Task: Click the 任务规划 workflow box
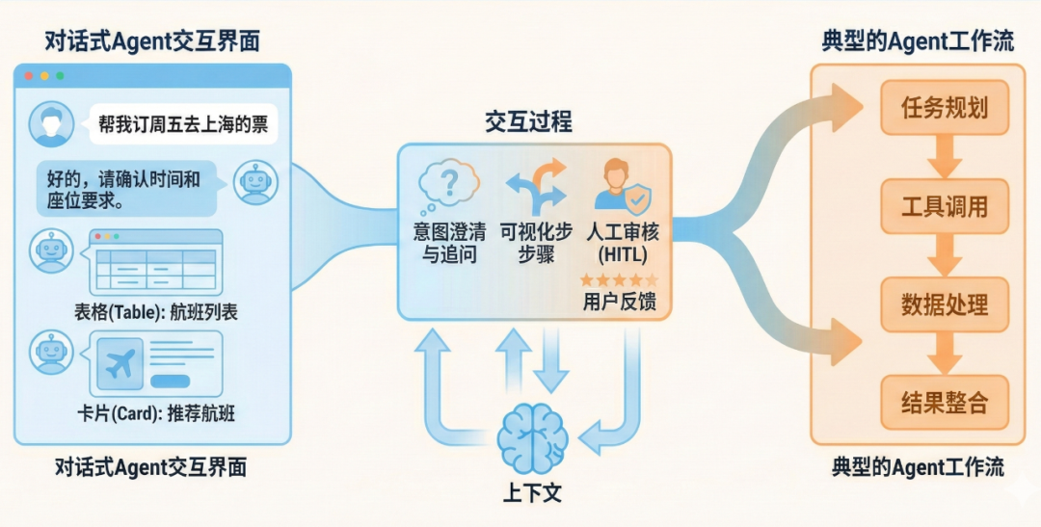tap(945, 107)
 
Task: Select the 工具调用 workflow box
tap(945, 206)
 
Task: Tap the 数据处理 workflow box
tap(945, 304)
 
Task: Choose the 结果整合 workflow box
tap(945, 402)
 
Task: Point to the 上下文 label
tap(532, 493)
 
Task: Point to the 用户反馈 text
tap(620, 302)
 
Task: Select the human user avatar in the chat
tap(51, 124)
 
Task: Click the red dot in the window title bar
tap(28, 75)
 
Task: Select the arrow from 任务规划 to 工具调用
tap(945, 156)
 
